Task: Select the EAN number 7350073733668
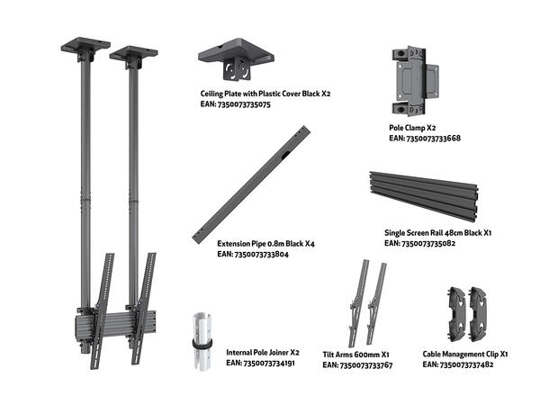pos(425,139)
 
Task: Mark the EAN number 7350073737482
pos(465,366)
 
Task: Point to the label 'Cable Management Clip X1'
pos(465,355)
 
